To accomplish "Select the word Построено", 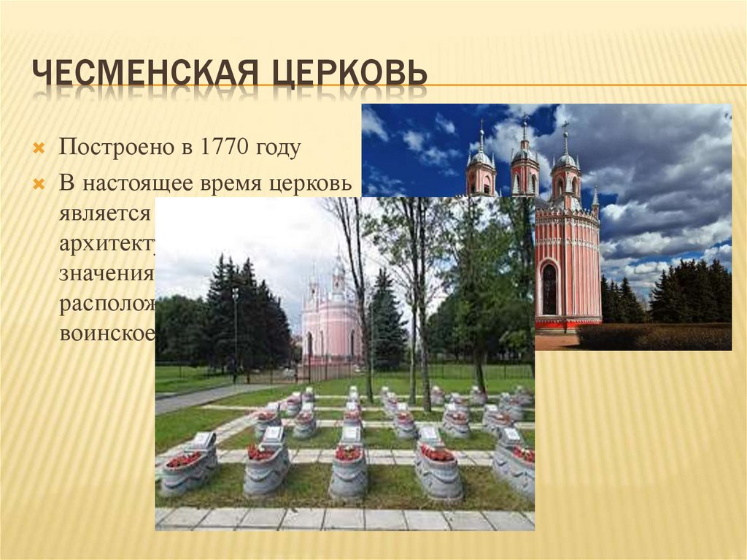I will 112,147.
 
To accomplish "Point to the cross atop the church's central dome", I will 524,123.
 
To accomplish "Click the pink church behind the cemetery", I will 332,321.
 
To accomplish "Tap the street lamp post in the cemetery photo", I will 235,329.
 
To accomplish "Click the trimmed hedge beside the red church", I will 653,337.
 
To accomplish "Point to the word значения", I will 107,274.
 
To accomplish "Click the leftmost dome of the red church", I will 481,158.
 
